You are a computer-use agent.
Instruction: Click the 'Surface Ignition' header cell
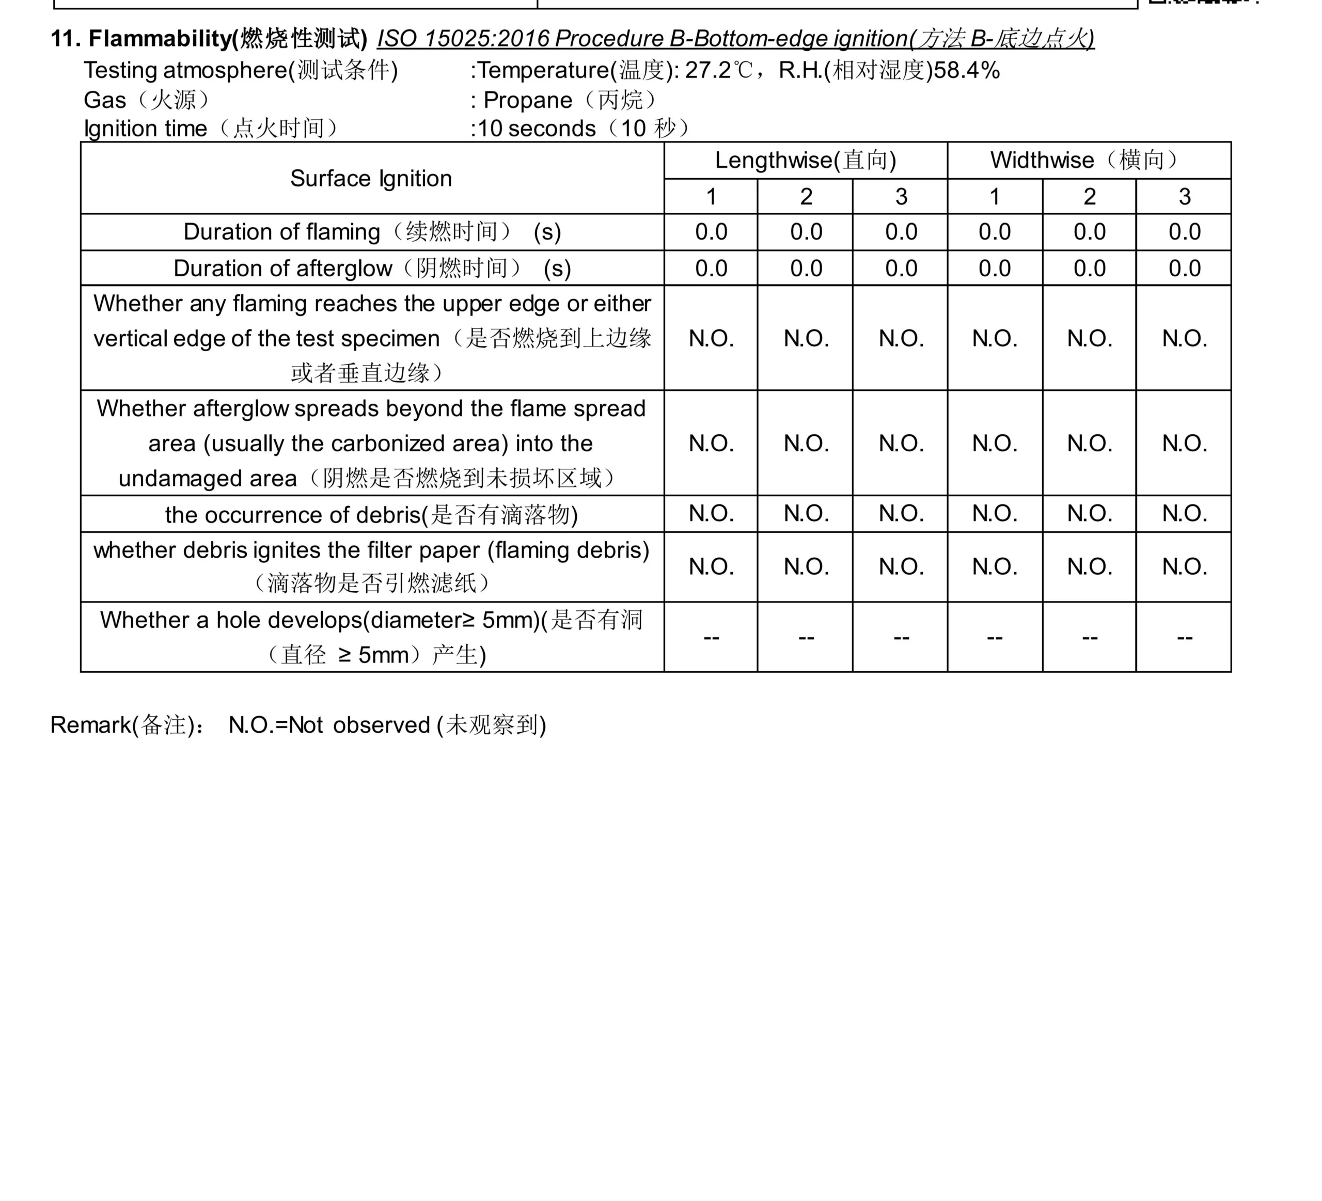tap(371, 178)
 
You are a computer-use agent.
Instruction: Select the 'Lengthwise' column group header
tap(805, 160)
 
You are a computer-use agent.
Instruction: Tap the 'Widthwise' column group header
tap(1089, 160)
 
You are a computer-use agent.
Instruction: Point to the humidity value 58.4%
tap(967, 70)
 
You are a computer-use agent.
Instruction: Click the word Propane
tap(528, 100)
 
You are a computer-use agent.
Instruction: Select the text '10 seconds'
tap(537, 129)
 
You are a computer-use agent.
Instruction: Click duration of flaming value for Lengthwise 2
tap(806, 232)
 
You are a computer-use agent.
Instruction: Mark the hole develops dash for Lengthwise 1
tap(711, 637)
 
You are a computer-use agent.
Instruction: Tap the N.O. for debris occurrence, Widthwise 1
tap(995, 513)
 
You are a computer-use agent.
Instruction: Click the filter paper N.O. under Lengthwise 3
tap(901, 566)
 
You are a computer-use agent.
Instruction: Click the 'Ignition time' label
tap(145, 129)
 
